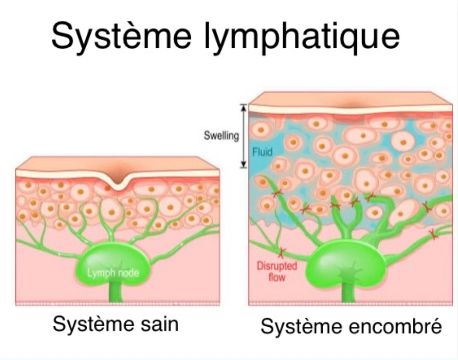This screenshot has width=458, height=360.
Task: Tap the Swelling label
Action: coord(221,136)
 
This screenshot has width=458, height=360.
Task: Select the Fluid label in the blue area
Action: coord(262,152)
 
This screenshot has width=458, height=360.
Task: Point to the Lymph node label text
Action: coord(113,273)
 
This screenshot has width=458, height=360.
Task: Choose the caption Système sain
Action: coord(116,325)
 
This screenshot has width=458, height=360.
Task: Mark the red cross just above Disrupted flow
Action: coord(281,252)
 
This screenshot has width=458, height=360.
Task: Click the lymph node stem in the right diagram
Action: coord(348,293)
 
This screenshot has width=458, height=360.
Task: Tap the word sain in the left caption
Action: coord(160,325)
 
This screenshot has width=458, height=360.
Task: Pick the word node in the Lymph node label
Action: coord(127,273)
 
